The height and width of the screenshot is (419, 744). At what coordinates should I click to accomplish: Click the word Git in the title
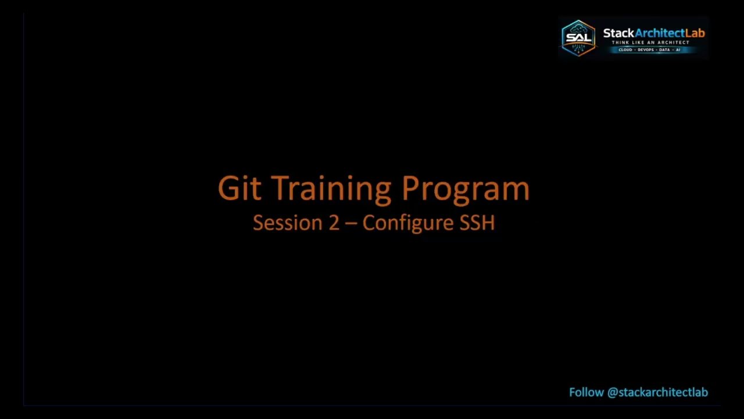click(x=239, y=189)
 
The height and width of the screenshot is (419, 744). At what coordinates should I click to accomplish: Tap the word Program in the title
click(x=466, y=189)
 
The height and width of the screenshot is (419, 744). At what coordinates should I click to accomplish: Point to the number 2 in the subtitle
click(x=334, y=223)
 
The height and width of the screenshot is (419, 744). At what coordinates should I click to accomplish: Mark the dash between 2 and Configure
click(x=351, y=223)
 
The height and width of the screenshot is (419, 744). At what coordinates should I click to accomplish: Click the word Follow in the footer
click(x=586, y=392)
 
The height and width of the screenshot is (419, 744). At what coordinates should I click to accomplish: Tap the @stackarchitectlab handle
click(x=657, y=392)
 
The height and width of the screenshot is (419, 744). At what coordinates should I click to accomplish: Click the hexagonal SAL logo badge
click(x=578, y=38)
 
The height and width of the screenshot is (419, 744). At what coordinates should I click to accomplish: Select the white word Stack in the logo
click(x=618, y=33)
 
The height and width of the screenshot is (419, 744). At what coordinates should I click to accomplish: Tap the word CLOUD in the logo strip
click(x=625, y=50)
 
